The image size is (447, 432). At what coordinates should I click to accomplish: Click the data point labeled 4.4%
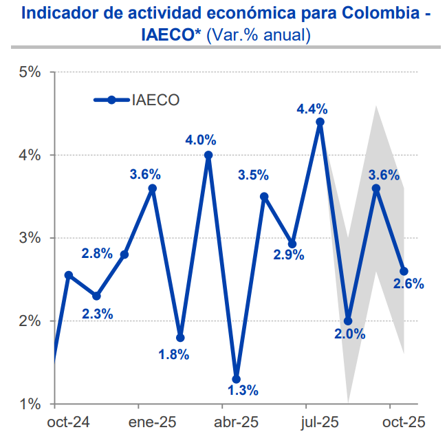(x=320, y=122)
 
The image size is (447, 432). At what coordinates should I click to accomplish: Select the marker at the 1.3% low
(x=237, y=379)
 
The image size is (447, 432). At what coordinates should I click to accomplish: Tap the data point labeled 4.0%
(x=208, y=155)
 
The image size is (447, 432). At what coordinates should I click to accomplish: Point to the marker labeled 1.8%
(x=180, y=338)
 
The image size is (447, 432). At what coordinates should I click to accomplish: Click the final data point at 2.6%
(x=404, y=271)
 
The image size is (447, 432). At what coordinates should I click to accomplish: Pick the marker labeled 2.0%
(x=348, y=321)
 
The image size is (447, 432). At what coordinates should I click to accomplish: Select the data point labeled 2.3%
(x=96, y=296)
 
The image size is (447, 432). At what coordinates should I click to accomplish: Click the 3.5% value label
(x=253, y=175)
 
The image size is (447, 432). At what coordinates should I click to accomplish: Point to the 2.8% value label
(x=97, y=253)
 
